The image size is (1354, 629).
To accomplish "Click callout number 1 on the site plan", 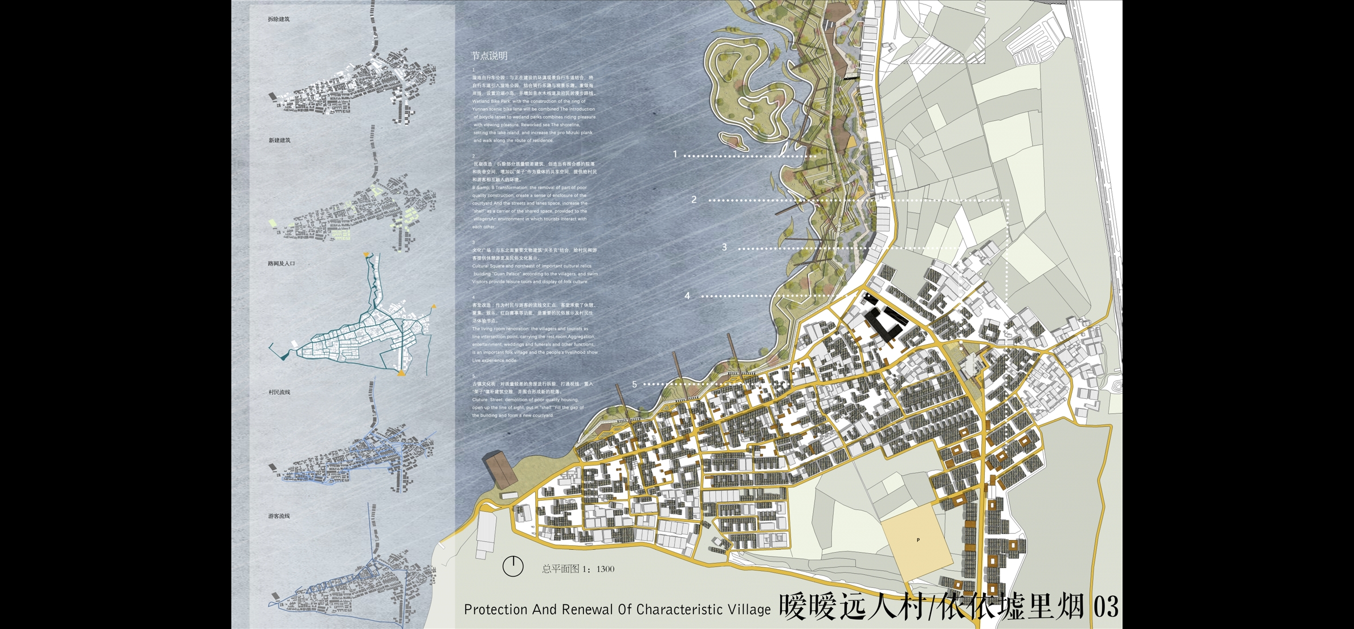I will coord(675,154).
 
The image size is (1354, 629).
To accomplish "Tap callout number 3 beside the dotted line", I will coord(724,247).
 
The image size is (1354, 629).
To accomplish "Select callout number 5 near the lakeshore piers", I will coord(634,385).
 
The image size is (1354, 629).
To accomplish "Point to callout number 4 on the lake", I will coord(687,296).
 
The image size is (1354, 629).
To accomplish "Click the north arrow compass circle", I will coord(513,566).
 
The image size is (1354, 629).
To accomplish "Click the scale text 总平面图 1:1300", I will coord(578,569).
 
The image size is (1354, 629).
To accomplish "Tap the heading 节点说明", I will coord(489,56).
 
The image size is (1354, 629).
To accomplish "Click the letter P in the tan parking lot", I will coord(918,540).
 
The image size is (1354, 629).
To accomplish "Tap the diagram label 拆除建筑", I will coord(279,19).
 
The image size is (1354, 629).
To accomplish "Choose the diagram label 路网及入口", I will coord(282,264).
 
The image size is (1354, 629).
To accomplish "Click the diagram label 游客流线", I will coord(279,516).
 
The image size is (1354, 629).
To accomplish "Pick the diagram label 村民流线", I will coord(279,393).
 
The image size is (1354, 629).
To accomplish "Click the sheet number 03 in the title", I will coord(1106,607).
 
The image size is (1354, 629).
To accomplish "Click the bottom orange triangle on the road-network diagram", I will coord(402,373).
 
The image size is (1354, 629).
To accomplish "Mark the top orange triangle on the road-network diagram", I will coord(366,255).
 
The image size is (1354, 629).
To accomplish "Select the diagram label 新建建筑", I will coord(279,141).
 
